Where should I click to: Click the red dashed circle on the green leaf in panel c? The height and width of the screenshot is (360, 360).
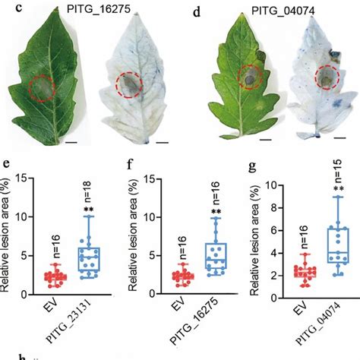pos(43,88)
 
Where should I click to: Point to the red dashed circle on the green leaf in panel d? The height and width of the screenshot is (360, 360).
pos(247,76)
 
